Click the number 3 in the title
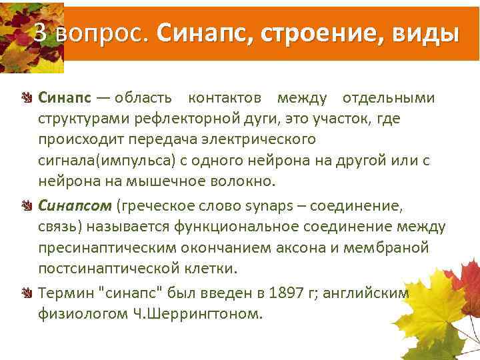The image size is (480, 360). (x=41, y=33)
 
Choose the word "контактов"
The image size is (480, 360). (x=224, y=99)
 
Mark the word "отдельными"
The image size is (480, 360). (x=388, y=99)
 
